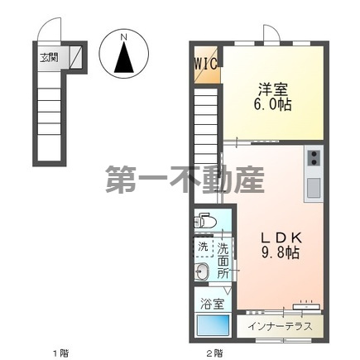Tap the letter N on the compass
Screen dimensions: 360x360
click(122, 37)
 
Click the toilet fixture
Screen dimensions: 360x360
click(204, 221)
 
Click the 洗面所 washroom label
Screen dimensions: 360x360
click(223, 259)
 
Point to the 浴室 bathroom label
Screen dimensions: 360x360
click(212, 304)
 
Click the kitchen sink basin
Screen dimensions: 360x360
click(314, 188)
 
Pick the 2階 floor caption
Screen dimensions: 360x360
click(214, 353)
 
